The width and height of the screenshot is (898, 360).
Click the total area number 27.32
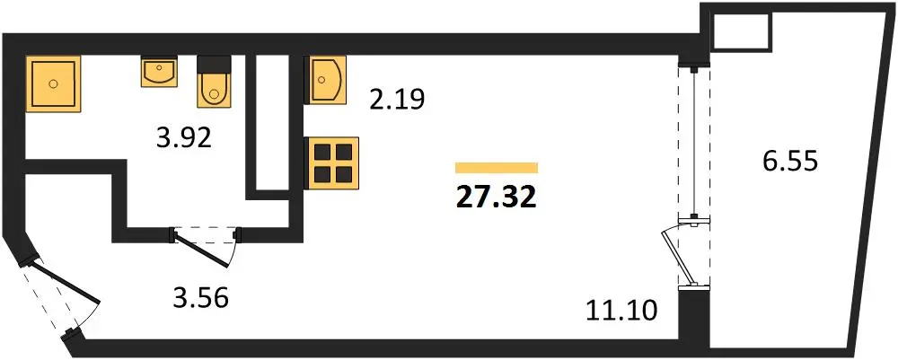click(496, 198)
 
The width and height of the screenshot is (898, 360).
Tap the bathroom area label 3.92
click(184, 137)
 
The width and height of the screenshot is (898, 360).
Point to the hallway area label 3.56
click(201, 297)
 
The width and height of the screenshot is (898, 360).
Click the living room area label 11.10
click(622, 312)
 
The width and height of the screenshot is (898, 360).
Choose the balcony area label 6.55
click(789, 161)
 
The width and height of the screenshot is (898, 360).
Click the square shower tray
click(53, 83)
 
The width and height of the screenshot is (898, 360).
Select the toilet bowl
click(214, 90)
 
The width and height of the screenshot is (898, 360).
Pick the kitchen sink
click(328, 80)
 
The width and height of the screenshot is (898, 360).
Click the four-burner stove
click(333, 163)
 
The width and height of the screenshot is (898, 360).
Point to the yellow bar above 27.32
click(497, 168)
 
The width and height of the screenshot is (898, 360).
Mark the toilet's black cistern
click(214, 64)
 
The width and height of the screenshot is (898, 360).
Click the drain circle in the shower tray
click(53, 83)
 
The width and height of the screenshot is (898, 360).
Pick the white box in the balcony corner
click(741, 31)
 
